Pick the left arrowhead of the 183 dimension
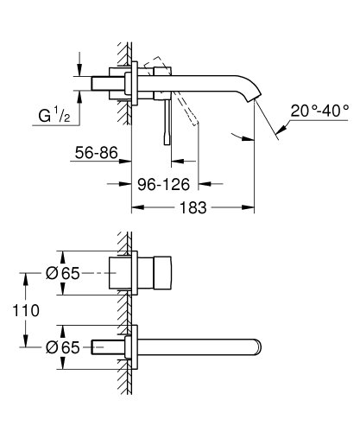point(136,207)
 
